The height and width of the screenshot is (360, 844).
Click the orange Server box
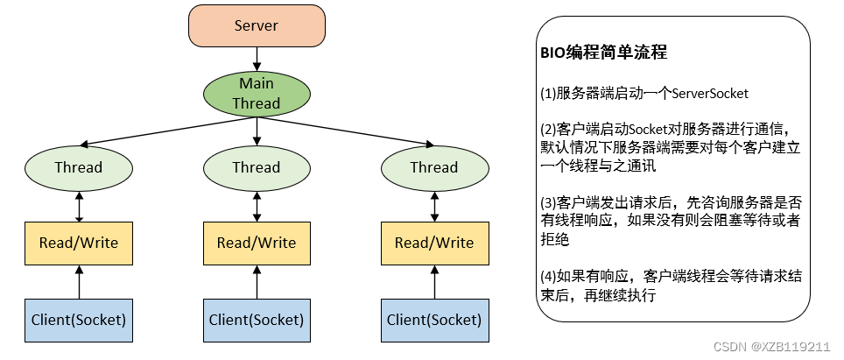(x=256, y=26)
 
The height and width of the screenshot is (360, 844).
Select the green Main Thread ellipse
(x=256, y=93)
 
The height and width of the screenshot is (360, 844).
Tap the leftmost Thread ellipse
(x=78, y=167)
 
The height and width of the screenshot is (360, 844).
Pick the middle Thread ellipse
(x=256, y=167)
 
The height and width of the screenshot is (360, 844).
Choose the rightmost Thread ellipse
(x=433, y=167)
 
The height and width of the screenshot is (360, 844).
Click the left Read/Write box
(x=78, y=243)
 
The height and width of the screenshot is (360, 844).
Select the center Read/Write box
(x=256, y=243)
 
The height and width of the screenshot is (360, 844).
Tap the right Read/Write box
(x=433, y=243)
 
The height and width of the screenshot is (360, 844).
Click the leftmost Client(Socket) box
(x=78, y=320)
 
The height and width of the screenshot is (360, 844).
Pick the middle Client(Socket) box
(x=256, y=320)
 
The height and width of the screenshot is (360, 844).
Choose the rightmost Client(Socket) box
(x=433, y=320)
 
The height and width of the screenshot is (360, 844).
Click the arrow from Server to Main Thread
(x=256, y=59)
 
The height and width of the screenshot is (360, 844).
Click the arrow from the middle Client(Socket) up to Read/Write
(x=256, y=281)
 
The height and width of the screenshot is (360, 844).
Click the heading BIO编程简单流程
(x=603, y=53)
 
